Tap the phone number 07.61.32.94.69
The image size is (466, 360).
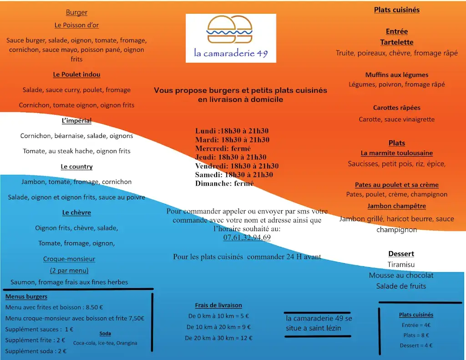point(247,238)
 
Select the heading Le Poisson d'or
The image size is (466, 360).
point(76,25)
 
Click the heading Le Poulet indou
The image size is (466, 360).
point(76,75)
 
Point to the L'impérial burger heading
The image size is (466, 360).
point(76,121)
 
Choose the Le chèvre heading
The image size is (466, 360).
point(76,213)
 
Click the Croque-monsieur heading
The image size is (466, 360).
point(69,259)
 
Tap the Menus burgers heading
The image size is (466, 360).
point(26,297)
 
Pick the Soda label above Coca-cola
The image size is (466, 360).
point(105,334)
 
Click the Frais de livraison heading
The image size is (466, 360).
point(218,305)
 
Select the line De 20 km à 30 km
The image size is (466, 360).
point(218,338)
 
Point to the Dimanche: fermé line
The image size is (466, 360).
point(224,183)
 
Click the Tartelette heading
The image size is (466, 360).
point(397,42)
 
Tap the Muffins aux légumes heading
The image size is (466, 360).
point(397,75)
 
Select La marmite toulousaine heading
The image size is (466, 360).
point(397,153)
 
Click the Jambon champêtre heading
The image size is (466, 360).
point(397,206)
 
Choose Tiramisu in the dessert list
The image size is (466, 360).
point(401,264)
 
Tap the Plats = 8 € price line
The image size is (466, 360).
point(416,335)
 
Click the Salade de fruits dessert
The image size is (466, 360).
point(401,286)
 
